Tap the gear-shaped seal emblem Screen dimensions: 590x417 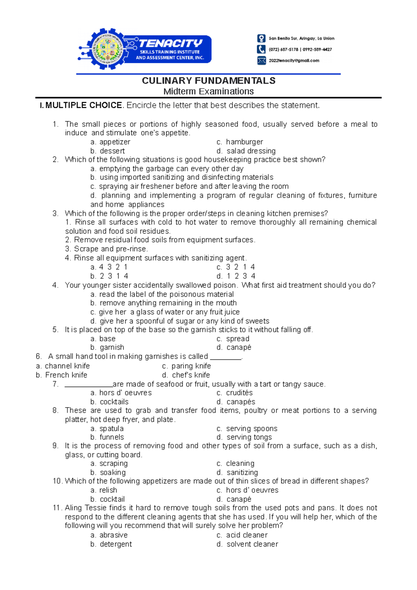tap(106, 49)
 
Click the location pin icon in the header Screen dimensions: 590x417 tap(261, 38)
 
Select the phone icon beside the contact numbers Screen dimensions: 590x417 tap(261, 49)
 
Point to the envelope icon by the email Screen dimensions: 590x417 tap(261, 60)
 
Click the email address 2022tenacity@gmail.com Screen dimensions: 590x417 tap(294, 60)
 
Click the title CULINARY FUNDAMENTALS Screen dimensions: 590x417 tap(208, 81)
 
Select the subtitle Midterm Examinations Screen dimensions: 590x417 tap(208, 91)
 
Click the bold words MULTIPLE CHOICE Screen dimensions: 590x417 tap(84, 105)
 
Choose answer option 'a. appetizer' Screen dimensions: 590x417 tap(110, 142)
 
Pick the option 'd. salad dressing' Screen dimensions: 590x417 tap(246, 151)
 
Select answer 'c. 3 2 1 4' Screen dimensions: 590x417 tap(236, 267)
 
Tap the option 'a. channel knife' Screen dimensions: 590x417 tap(63, 366)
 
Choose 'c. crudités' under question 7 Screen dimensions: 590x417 tap(235, 393)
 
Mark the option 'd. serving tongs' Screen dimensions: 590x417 tap(244, 437)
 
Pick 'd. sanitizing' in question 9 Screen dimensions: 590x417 tap(237, 472)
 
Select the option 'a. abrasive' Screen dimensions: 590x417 tap(109, 535)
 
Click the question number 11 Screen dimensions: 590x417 tap(57, 508)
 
